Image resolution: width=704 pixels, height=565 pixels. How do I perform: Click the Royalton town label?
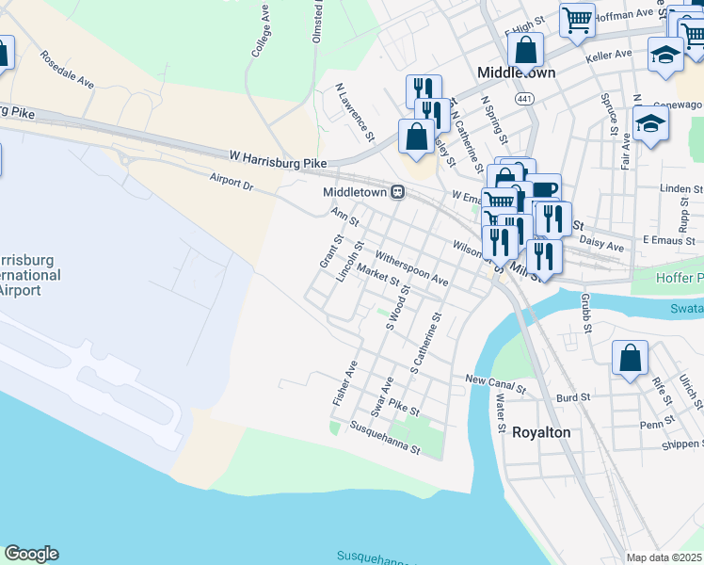pos(541,432)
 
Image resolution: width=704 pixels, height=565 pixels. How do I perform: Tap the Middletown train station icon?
pos(399,191)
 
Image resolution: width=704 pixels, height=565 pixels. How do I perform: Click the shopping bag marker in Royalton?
pos(630,359)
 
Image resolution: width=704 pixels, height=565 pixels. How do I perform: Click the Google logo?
pos(31,554)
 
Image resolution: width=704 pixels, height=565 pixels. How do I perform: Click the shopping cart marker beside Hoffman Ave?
pos(577,20)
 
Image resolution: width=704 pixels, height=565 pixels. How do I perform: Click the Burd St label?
pos(571,398)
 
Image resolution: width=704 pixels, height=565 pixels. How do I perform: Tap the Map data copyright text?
pos(664,557)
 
